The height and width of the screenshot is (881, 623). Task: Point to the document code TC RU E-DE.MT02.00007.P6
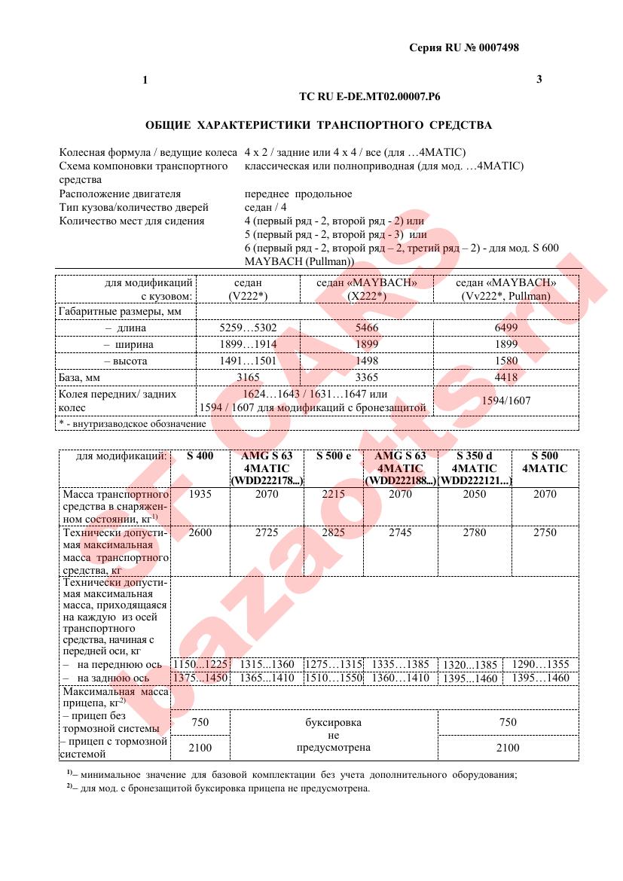(370, 98)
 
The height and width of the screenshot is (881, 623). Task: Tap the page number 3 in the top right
(539, 80)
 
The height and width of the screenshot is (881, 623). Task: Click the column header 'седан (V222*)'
(248, 289)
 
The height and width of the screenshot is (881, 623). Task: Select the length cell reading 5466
(366, 328)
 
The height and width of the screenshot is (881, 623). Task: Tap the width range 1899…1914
(248, 344)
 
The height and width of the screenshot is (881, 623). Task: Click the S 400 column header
(200, 456)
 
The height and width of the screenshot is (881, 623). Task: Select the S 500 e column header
(334, 456)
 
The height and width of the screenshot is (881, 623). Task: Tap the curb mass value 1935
(200, 495)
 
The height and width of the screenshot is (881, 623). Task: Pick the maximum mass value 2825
(334, 533)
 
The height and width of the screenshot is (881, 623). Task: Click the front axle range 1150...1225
(200, 664)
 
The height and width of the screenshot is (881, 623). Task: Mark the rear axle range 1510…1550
(334, 678)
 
